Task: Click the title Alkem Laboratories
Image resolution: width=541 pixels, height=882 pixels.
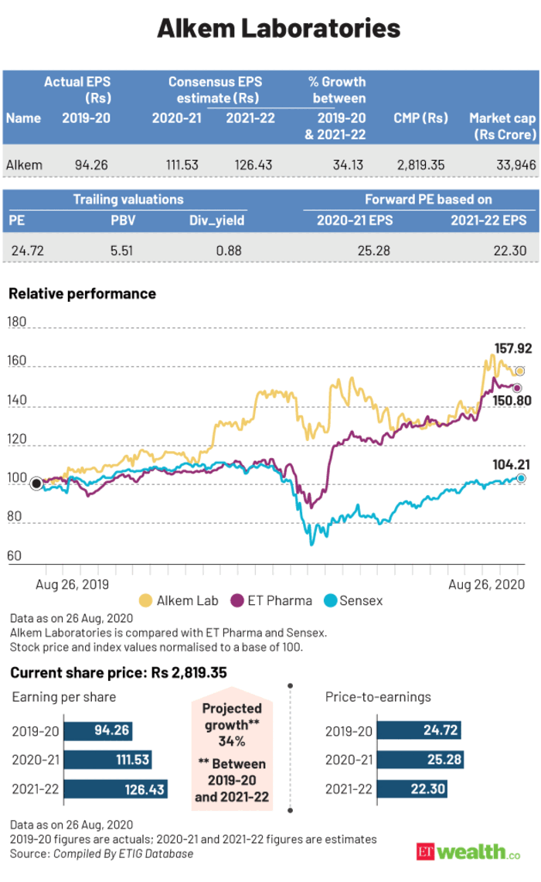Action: (x=270, y=29)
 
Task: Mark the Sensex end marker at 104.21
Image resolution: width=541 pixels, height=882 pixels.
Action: (x=522, y=479)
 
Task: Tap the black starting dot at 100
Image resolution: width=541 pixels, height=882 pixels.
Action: (x=36, y=484)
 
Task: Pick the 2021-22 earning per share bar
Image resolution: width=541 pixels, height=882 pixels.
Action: (x=115, y=791)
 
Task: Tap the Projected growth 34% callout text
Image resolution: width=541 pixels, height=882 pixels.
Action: (x=231, y=724)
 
